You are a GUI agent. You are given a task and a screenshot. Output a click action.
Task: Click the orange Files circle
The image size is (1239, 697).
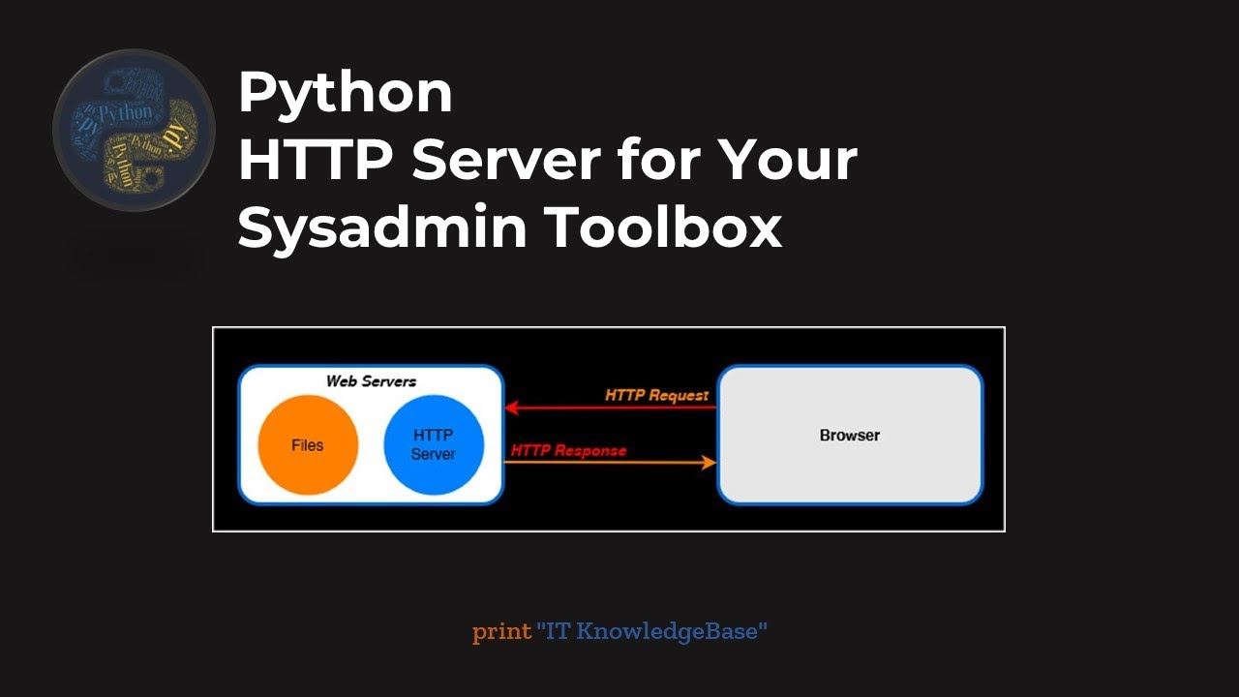click(x=308, y=446)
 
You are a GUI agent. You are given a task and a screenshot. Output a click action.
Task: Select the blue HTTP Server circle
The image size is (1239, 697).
click(x=434, y=444)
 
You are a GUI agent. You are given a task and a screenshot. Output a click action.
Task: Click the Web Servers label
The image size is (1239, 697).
click(x=371, y=381)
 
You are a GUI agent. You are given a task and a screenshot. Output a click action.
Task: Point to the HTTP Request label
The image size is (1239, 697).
click(x=656, y=395)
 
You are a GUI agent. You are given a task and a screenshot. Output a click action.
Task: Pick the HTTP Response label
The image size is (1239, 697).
click(x=568, y=450)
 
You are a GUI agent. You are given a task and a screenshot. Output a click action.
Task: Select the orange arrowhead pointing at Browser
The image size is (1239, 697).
click(x=709, y=463)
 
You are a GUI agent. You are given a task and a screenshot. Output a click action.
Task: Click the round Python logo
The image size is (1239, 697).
click(x=134, y=130)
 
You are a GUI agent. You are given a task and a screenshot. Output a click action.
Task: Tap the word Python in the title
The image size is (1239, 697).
click(x=346, y=94)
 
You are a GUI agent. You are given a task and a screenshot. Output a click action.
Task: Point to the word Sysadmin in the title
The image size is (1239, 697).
click(x=382, y=227)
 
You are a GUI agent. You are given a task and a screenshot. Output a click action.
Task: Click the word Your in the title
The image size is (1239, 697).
click(x=792, y=160)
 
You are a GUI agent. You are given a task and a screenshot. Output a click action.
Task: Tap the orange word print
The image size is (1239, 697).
click(x=501, y=632)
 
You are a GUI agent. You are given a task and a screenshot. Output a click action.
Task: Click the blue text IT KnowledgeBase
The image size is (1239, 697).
click(x=651, y=632)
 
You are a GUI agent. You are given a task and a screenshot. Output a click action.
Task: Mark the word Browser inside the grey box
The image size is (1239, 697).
click(x=850, y=436)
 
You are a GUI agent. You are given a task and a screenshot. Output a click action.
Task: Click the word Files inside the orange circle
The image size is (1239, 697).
click(x=308, y=446)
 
